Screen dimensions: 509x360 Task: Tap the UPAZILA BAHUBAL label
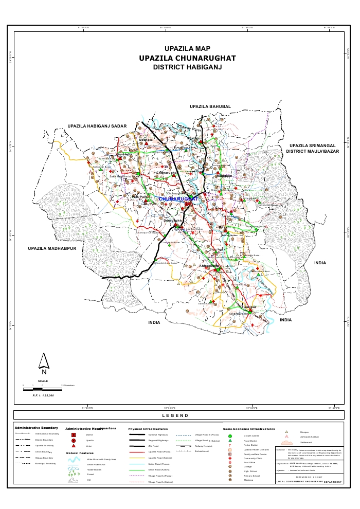tap(210, 106)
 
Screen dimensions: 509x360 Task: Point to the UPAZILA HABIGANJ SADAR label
tap(97, 126)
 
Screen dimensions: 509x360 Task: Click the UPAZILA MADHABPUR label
tap(52, 248)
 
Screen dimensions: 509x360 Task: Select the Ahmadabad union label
tap(209, 266)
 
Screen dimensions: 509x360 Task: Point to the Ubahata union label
tap(147, 139)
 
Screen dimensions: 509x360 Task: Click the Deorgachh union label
tap(173, 221)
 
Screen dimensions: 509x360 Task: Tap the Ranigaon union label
tap(225, 176)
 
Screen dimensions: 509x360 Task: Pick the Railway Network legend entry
tap(205, 446)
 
